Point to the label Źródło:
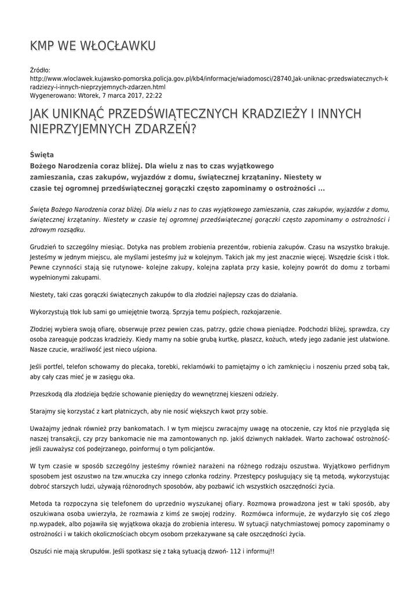[x=40, y=69]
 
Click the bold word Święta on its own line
[x=42, y=155]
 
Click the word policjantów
[x=197, y=449]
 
